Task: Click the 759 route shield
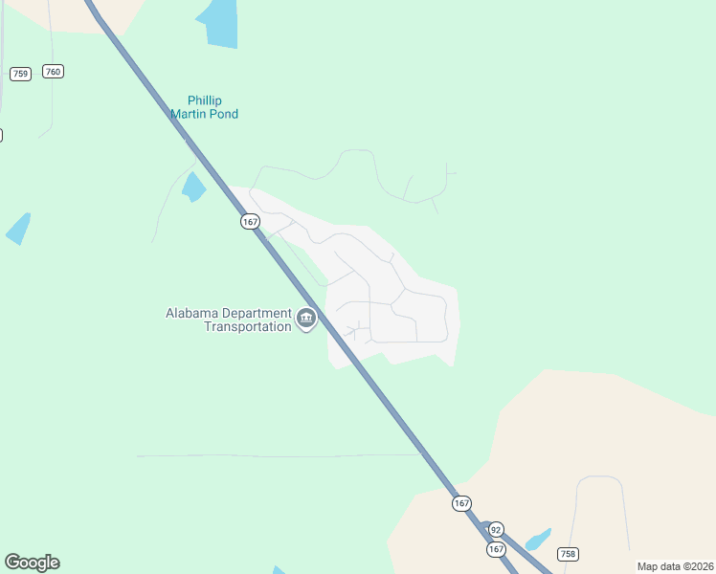pyautogui.click(x=20, y=74)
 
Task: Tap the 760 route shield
pyautogui.click(x=54, y=72)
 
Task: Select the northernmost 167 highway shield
pyautogui.click(x=250, y=221)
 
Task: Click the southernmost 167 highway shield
pyautogui.click(x=496, y=549)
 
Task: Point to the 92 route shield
pyautogui.click(x=495, y=529)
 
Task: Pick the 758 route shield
pyautogui.click(x=568, y=554)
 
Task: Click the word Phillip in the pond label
pyautogui.click(x=204, y=100)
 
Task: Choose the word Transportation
pyautogui.click(x=247, y=326)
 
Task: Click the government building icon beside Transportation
pyautogui.click(x=306, y=319)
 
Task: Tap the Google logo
pyautogui.click(x=32, y=563)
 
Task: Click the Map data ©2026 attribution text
pyautogui.click(x=675, y=566)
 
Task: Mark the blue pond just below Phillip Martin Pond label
pyautogui.click(x=193, y=187)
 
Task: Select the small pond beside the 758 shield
pyautogui.click(x=538, y=540)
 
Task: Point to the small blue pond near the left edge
pyautogui.click(x=18, y=229)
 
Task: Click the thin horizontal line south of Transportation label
pyautogui.click(x=278, y=455)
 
